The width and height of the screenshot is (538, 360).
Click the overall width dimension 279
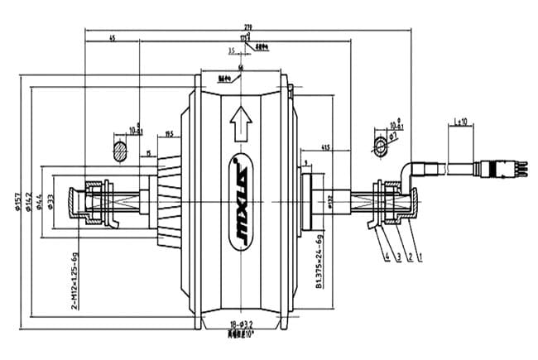click(x=246, y=28)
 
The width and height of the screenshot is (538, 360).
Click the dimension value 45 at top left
click(x=112, y=37)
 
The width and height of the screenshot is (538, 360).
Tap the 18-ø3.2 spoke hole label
click(x=240, y=328)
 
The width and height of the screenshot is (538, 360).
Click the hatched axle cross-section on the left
click(x=119, y=150)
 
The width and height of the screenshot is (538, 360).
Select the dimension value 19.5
click(x=169, y=132)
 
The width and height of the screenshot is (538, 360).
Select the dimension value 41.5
click(x=327, y=147)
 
